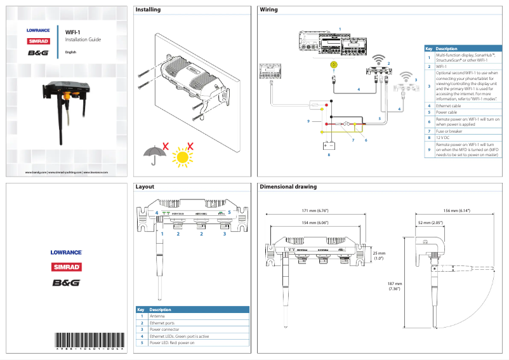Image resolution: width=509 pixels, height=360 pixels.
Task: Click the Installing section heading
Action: coord(149,10)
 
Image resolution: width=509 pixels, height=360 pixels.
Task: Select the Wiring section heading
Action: coord(269,10)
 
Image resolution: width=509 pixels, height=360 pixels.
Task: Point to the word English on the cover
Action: coord(70,51)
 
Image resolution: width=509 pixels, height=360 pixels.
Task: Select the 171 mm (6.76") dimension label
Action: coord(315,210)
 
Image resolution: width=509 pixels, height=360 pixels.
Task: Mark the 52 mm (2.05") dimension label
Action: coord(430,223)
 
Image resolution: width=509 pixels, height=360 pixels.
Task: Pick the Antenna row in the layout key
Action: coord(159,316)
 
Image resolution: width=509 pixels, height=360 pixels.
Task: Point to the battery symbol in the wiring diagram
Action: coord(329,144)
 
